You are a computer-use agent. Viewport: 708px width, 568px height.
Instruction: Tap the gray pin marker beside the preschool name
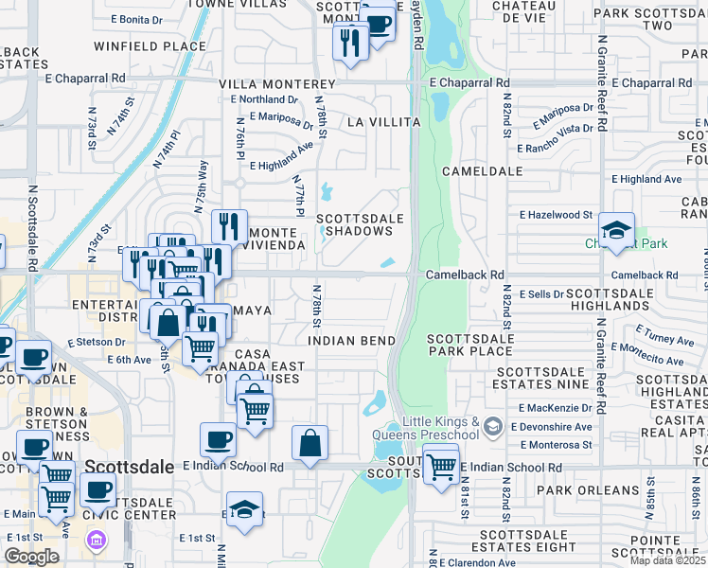point(491,428)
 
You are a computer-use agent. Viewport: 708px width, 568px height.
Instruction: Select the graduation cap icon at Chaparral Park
point(616,230)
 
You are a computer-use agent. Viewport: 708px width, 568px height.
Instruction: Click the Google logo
point(31,556)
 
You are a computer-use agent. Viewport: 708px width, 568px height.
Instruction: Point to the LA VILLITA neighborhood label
point(383,122)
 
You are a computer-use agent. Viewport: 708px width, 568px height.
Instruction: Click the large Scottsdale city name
point(131,467)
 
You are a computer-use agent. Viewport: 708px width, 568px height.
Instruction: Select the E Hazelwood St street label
point(556,215)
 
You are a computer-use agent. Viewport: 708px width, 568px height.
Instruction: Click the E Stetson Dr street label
point(96,342)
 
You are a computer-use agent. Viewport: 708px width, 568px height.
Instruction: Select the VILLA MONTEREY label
point(265,83)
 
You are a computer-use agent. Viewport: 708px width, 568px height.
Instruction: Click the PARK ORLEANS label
point(587,489)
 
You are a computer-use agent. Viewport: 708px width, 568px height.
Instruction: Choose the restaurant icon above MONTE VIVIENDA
point(229,225)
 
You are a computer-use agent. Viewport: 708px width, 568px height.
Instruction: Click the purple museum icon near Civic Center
point(94,541)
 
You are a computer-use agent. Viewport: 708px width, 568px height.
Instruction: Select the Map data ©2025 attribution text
point(667,560)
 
